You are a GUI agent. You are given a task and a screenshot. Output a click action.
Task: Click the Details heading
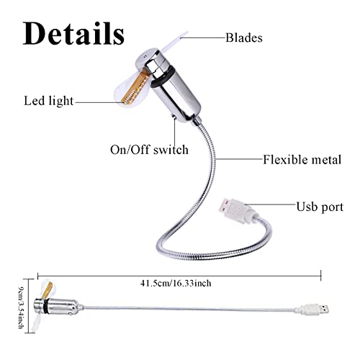(x=73, y=34)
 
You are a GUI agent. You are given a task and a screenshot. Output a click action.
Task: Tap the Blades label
(x=244, y=37)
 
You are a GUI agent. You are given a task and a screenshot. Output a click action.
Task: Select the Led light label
(x=48, y=101)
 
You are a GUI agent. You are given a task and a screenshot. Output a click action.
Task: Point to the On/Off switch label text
(x=149, y=150)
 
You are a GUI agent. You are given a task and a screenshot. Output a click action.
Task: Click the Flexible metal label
(x=302, y=160)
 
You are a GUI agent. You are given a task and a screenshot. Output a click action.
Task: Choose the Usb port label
(x=320, y=207)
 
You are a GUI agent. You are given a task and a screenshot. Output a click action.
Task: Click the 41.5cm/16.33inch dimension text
(x=176, y=283)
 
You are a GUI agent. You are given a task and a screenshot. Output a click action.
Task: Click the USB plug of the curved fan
(x=236, y=210)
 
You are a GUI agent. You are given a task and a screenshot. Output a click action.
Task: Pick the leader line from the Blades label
(x=203, y=37)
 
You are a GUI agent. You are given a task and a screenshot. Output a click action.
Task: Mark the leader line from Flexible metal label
(x=239, y=159)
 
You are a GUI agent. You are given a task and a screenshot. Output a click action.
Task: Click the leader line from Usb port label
(x=270, y=204)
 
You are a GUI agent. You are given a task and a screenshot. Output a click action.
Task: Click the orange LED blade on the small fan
(x=48, y=290)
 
